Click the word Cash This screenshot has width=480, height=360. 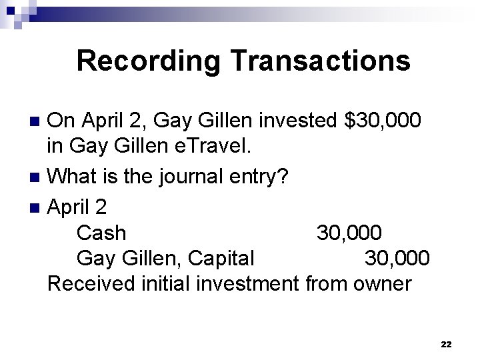point(101,233)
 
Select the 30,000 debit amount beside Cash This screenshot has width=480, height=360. point(349,233)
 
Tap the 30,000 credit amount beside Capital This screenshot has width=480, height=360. point(397,257)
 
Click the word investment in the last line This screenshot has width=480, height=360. point(247,283)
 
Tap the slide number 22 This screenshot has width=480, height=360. point(446,344)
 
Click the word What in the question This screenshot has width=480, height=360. point(71,177)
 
